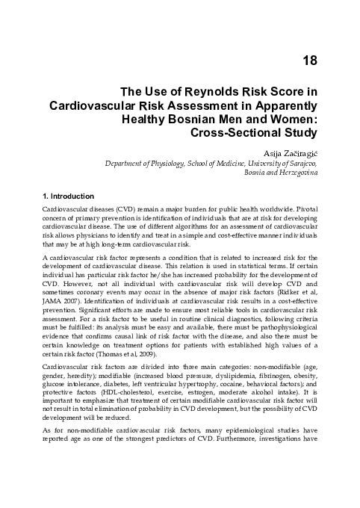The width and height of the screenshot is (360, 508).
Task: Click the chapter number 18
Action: pos(309,59)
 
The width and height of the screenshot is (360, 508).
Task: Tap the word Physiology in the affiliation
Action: pos(152,162)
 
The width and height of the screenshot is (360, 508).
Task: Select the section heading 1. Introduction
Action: pos(72,196)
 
